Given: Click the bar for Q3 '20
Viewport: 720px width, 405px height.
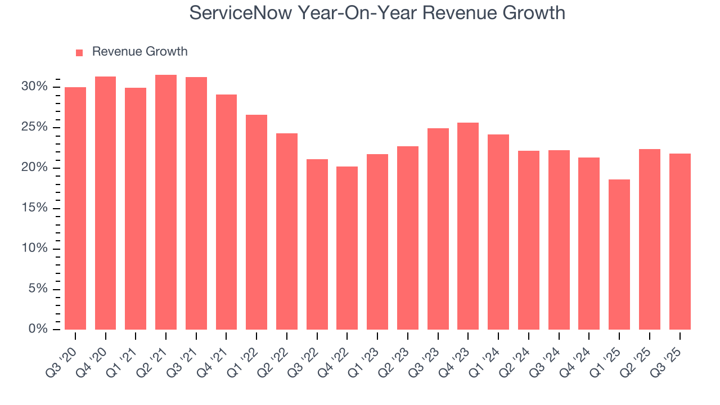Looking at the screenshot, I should pyautogui.click(x=75, y=208).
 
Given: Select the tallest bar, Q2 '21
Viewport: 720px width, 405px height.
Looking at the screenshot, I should pyautogui.click(x=166, y=202).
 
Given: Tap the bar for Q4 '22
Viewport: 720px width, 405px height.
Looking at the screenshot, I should pyautogui.click(x=347, y=248).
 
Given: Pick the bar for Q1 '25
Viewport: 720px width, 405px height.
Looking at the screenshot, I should pyautogui.click(x=619, y=254).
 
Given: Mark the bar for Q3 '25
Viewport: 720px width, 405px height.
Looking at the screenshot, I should pyautogui.click(x=679, y=242).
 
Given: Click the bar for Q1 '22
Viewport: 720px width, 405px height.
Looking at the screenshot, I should pyautogui.click(x=256, y=222).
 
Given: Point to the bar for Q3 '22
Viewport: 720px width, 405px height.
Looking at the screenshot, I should pyautogui.click(x=317, y=245).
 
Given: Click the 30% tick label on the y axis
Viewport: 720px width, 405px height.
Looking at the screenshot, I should pyautogui.click(x=34, y=87).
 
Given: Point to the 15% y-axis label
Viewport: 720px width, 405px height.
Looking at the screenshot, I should pyautogui.click(x=34, y=208).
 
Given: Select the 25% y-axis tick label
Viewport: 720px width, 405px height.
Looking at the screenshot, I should pyautogui.click(x=34, y=127).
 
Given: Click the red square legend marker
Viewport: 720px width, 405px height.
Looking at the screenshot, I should pyautogui.click(x=79, y=52).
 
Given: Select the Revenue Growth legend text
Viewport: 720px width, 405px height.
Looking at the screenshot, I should pyautogui.click(x=139, y=52).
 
